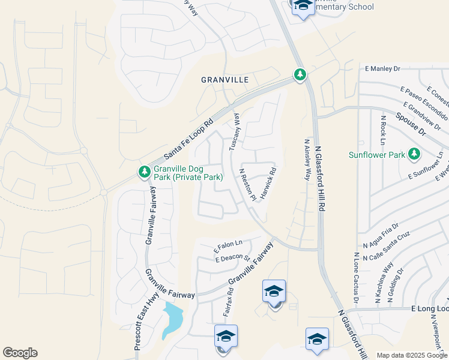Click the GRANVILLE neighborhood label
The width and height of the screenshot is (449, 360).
[224, 79]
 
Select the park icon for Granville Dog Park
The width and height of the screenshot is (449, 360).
[145, 172]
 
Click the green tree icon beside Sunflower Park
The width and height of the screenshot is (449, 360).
[414, 154]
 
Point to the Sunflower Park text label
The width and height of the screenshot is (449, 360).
[377, 155]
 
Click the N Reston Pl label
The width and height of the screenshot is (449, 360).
[247, 184]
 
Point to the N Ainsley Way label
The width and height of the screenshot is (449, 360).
[307, 160]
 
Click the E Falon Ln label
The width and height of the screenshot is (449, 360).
[228, 245]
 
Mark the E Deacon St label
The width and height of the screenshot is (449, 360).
[232, 258]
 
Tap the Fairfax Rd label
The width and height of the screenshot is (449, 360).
[229, 303]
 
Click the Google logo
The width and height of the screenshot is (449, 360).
[20, 352]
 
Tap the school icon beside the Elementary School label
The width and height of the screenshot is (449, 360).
[303, 5]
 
